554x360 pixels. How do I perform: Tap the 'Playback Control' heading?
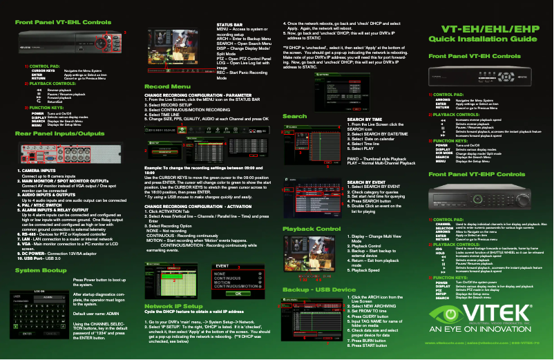coord(312,208)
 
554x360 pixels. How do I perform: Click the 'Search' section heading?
coord(295,117)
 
